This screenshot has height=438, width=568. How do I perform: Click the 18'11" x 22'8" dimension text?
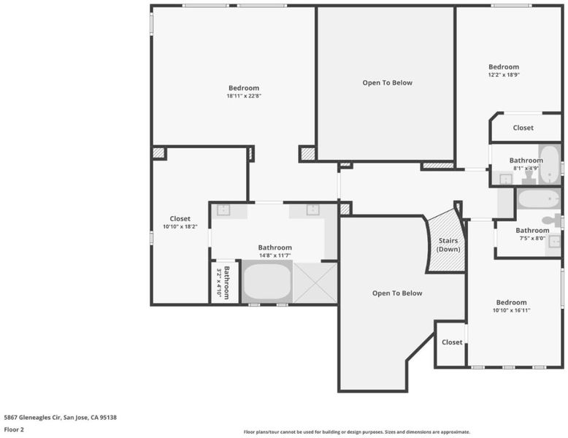244,96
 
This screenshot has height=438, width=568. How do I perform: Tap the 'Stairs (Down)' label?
448,245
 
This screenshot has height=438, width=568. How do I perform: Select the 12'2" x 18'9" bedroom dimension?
504,75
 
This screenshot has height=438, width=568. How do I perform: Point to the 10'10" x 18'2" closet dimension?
180,227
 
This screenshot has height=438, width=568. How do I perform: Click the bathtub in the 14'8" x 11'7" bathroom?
267,282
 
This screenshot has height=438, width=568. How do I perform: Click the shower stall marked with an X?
315,283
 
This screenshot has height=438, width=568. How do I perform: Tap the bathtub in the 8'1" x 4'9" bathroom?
549,164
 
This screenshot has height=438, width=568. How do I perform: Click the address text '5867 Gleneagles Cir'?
32,418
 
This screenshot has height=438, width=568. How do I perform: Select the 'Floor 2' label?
14,430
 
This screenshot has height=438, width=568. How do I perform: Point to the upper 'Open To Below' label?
387,82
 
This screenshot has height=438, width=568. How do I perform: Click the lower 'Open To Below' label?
397,293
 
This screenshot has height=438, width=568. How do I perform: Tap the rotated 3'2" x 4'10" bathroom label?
223,283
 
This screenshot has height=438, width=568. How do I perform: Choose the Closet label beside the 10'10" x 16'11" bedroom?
452,342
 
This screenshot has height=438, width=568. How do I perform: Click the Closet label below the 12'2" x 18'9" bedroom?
523,128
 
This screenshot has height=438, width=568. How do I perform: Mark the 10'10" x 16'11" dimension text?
512,310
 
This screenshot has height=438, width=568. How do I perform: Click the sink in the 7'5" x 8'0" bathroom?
555,242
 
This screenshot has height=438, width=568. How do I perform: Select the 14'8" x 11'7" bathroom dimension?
275,255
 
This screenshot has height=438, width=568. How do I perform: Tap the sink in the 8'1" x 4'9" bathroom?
506,179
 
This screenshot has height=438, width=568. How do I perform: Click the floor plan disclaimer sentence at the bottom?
357,432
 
